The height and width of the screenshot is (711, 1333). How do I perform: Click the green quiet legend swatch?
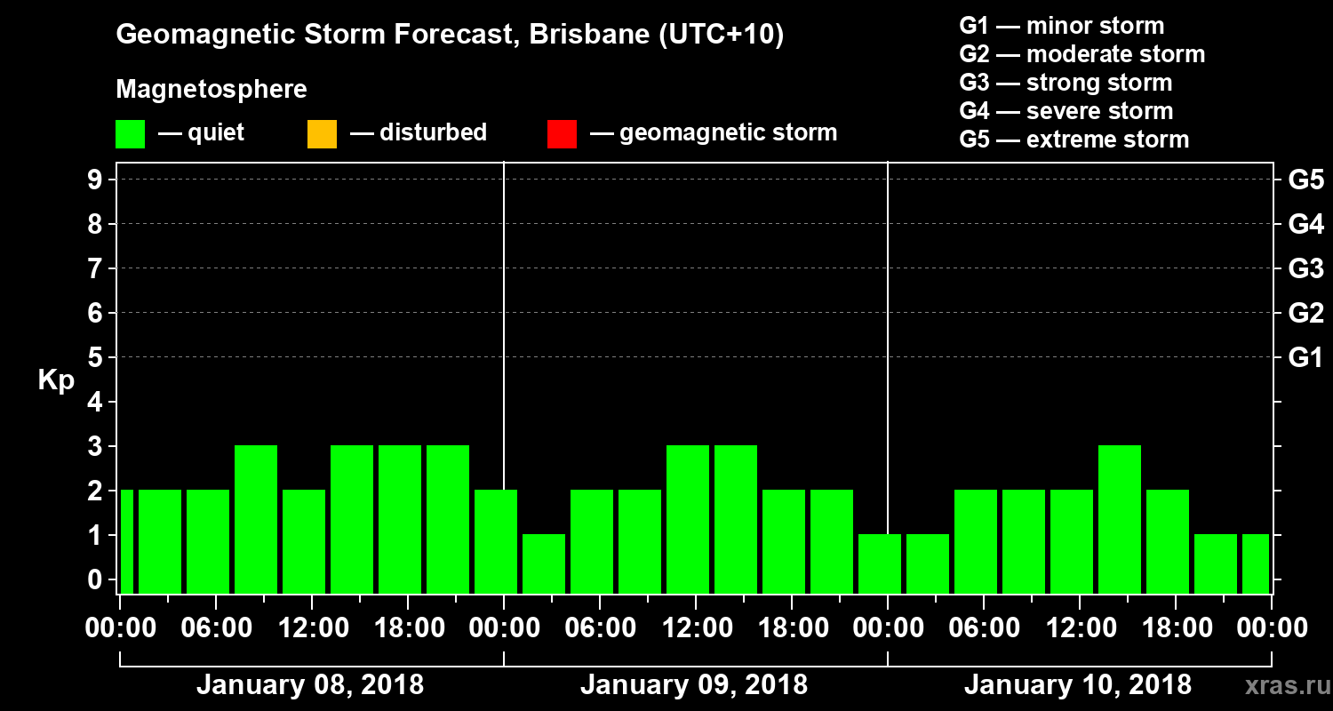(130, 133)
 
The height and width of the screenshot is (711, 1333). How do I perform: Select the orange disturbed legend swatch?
(322, 133)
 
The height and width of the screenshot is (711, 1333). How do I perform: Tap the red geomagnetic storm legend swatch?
(562, 133)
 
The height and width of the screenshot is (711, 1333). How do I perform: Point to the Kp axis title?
(56, 379)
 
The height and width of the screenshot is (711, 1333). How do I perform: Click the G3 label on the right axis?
(1305, 269)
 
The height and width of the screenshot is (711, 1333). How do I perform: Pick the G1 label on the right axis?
(1305, 358)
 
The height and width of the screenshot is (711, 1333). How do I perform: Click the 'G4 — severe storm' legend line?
(1066, 111)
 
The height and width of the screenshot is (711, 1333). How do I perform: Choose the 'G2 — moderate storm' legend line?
(1082, 54)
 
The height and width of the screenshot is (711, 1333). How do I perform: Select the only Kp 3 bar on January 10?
(1120, 519)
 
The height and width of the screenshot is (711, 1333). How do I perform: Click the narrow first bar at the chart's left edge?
(126, 541)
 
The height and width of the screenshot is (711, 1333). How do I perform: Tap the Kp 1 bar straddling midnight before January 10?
(880, 563)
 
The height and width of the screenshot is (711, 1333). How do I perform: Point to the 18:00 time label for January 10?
(1175, 628)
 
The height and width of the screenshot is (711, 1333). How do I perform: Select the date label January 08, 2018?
(309, 685)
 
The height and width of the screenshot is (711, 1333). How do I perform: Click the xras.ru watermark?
(1281, 685)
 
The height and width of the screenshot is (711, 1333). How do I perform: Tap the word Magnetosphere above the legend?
(212, 90)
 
